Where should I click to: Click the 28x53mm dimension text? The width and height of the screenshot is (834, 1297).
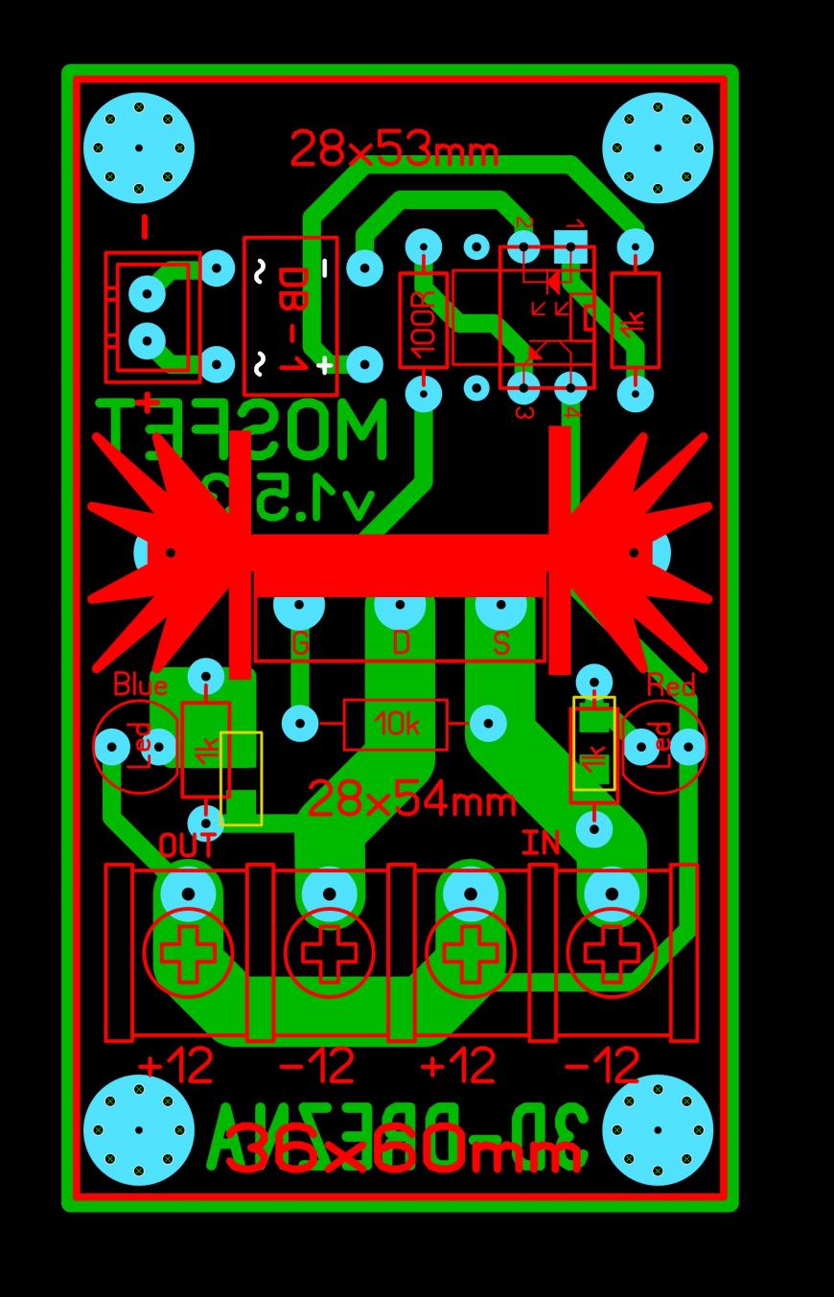coord(394,151)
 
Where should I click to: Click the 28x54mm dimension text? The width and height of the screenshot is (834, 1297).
coord(411,799)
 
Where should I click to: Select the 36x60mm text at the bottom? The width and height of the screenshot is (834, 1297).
coord(404,1148)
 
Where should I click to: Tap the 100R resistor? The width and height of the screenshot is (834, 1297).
coord(423,320)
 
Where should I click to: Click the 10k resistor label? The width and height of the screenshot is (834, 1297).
coord(396,724)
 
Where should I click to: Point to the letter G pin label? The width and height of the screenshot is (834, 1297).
coord(300,644)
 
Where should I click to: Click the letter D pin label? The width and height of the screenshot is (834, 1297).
coord(401,643)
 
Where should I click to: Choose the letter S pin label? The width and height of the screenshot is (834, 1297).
coord(500,643)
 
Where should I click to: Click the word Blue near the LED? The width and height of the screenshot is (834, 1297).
coord(140,684)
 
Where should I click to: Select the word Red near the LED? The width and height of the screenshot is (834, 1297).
coord(671,684)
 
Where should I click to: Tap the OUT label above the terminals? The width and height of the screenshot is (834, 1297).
coord(187,845)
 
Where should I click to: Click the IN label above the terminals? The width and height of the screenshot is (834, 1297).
coord(541,844)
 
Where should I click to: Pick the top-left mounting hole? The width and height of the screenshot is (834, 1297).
coord(139,148)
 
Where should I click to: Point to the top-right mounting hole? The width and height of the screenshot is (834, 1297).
coord(658,148)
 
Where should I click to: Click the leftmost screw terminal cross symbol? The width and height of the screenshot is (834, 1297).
coord(188,953)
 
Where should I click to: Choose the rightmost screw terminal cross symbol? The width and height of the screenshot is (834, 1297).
coord(612,953)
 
